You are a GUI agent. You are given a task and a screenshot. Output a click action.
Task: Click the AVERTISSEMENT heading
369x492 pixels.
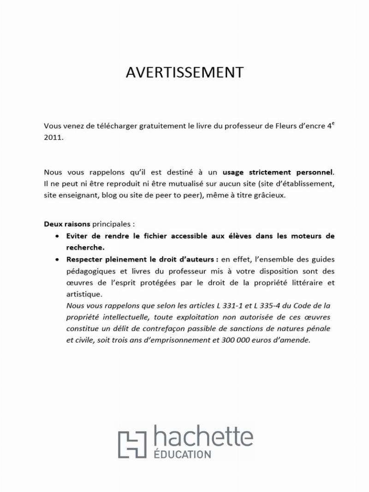[184, 72]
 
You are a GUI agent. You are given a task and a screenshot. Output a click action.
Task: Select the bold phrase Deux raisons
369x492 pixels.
[67, 225]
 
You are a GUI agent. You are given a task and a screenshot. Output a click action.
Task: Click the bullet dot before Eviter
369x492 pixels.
[56, 236]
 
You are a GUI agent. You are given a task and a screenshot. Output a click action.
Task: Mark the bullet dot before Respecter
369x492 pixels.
[56, 260]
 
